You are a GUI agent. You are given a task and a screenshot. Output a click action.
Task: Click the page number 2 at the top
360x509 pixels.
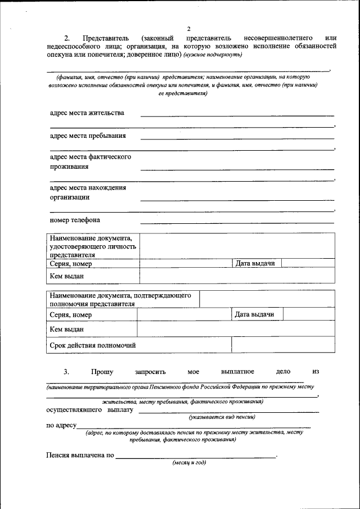189,28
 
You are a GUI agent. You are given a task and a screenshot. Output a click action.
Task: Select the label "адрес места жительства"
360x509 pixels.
87,112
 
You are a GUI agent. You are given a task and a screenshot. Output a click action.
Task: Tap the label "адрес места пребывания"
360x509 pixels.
88,136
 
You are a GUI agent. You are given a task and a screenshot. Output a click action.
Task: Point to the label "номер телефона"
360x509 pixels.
75,220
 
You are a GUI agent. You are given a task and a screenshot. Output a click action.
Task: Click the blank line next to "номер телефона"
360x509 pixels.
237,223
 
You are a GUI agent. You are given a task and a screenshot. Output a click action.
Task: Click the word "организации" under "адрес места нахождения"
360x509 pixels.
69,197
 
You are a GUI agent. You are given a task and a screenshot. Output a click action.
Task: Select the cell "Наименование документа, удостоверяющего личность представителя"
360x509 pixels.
93,246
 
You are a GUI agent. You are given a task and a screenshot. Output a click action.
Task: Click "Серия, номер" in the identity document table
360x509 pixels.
71,264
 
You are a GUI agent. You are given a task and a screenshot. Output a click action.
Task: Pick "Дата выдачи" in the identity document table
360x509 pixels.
255,263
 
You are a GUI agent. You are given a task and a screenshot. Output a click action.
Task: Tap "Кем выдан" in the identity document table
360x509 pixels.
67,276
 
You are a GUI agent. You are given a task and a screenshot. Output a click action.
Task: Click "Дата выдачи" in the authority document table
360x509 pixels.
254,314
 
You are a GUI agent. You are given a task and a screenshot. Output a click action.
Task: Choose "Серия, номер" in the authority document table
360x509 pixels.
71,315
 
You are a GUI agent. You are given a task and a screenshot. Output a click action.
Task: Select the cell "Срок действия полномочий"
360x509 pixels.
93,345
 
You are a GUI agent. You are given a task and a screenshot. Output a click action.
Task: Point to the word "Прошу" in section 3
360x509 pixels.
102,372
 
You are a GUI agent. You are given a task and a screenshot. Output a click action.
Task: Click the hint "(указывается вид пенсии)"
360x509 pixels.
222,417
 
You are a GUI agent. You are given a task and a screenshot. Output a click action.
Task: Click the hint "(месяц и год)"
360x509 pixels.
189,462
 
